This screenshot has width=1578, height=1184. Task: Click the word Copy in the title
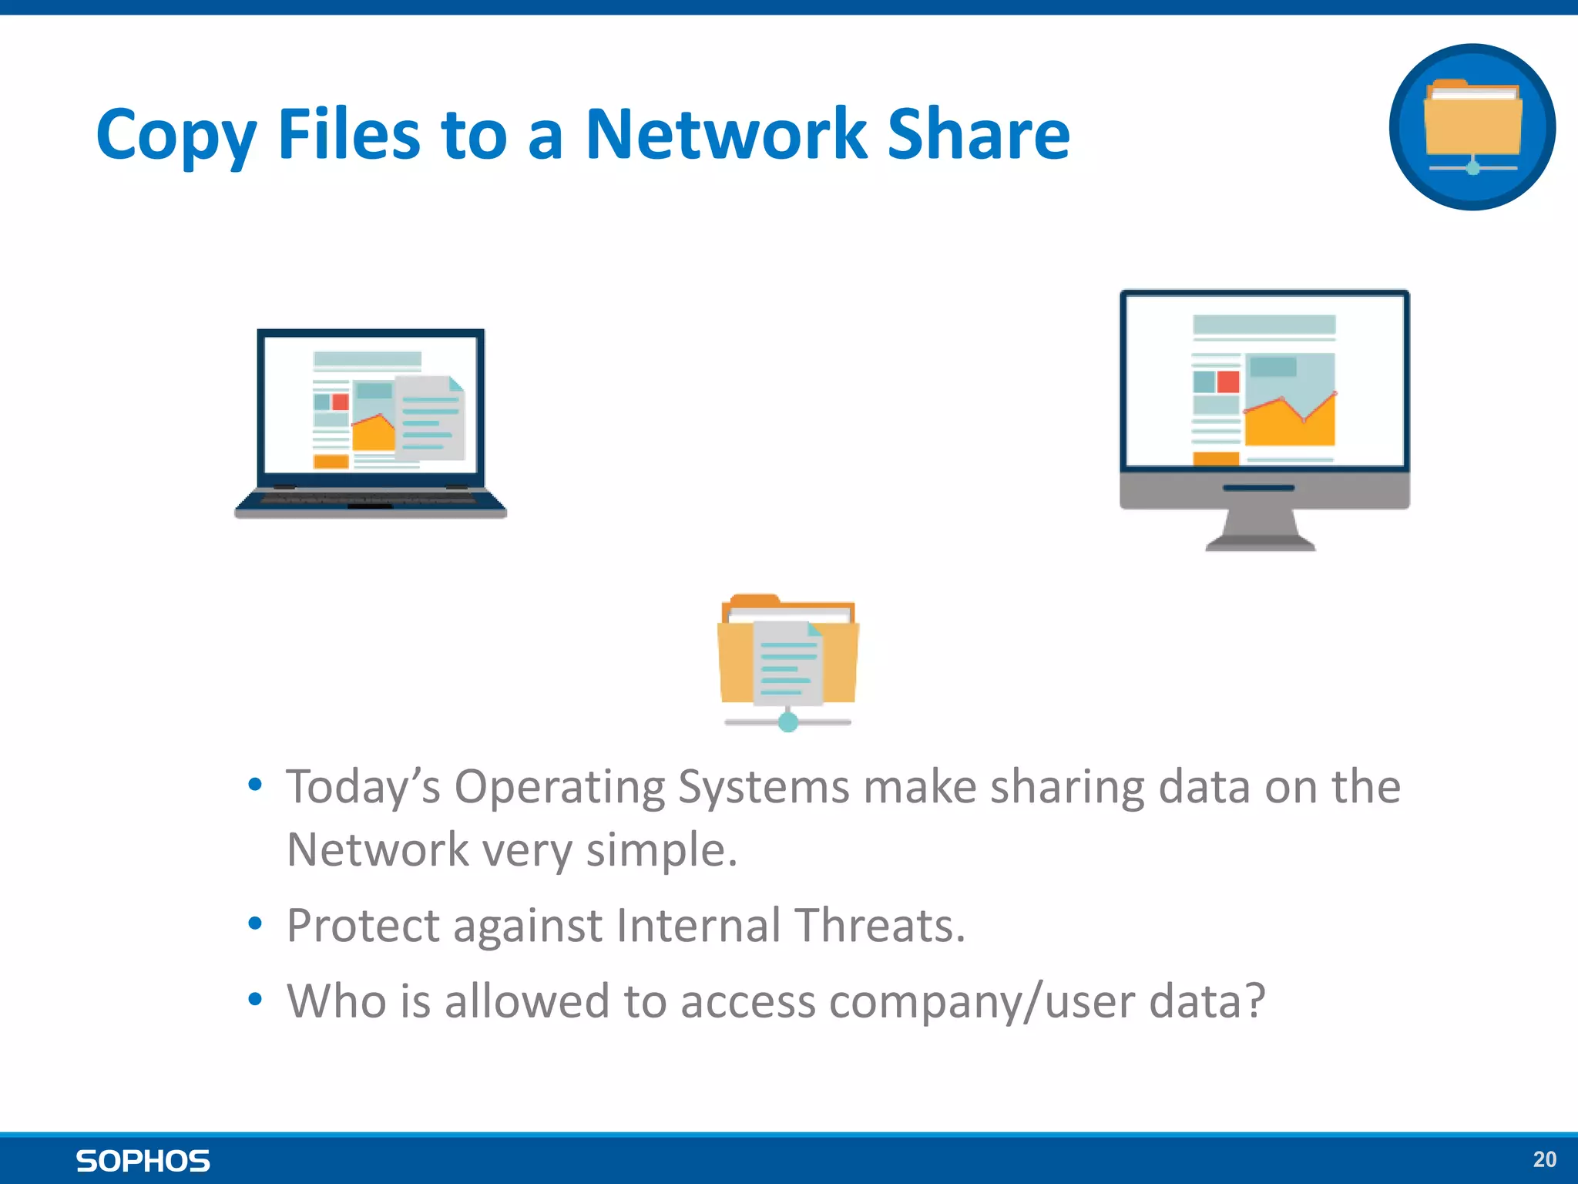coord(176,136)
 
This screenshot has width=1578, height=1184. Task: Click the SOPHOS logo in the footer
coord(143,1161)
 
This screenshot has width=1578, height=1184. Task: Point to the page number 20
coord(1544,1159)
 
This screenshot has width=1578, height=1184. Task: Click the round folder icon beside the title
coord(1472,127)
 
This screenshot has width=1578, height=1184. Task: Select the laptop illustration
coord(371,424)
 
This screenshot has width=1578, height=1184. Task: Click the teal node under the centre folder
coord(787,722)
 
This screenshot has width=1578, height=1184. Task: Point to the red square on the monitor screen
coord(1227,382)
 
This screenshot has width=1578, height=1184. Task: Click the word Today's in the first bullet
coord(363,787)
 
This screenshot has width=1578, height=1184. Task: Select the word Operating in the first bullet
coord(559,787)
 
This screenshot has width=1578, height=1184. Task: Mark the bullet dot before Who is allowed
coord(255,1000)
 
